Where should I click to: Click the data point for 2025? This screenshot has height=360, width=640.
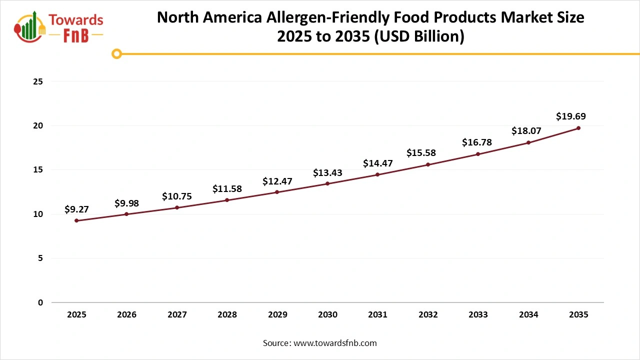[x=76, y=220]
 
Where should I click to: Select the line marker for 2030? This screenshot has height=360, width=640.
[x=327, y=183]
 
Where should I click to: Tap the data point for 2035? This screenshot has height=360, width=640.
[x=578, y=128]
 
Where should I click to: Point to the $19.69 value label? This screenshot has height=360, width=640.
[x=570, y=116]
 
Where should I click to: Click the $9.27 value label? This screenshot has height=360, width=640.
[x=76, y=209]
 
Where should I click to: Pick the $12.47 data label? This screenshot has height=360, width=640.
[x=277, y=181]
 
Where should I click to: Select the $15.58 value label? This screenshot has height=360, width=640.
[x=421, y=152]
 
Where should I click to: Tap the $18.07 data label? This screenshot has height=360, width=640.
[x=526, y=131]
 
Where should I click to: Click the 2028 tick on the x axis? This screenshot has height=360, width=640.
[x=227, y=315]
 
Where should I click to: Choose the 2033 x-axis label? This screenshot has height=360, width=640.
[x=478, y=315]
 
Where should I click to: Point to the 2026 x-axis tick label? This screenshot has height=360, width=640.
[x=126, y=315]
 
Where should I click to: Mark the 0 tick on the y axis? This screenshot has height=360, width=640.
[x=40, y=302]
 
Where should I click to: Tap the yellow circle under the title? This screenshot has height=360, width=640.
[x=116, y=53]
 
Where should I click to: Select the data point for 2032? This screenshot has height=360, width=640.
[x=428, y=164]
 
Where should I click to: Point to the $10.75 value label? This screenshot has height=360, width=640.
[x=177, y=196]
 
